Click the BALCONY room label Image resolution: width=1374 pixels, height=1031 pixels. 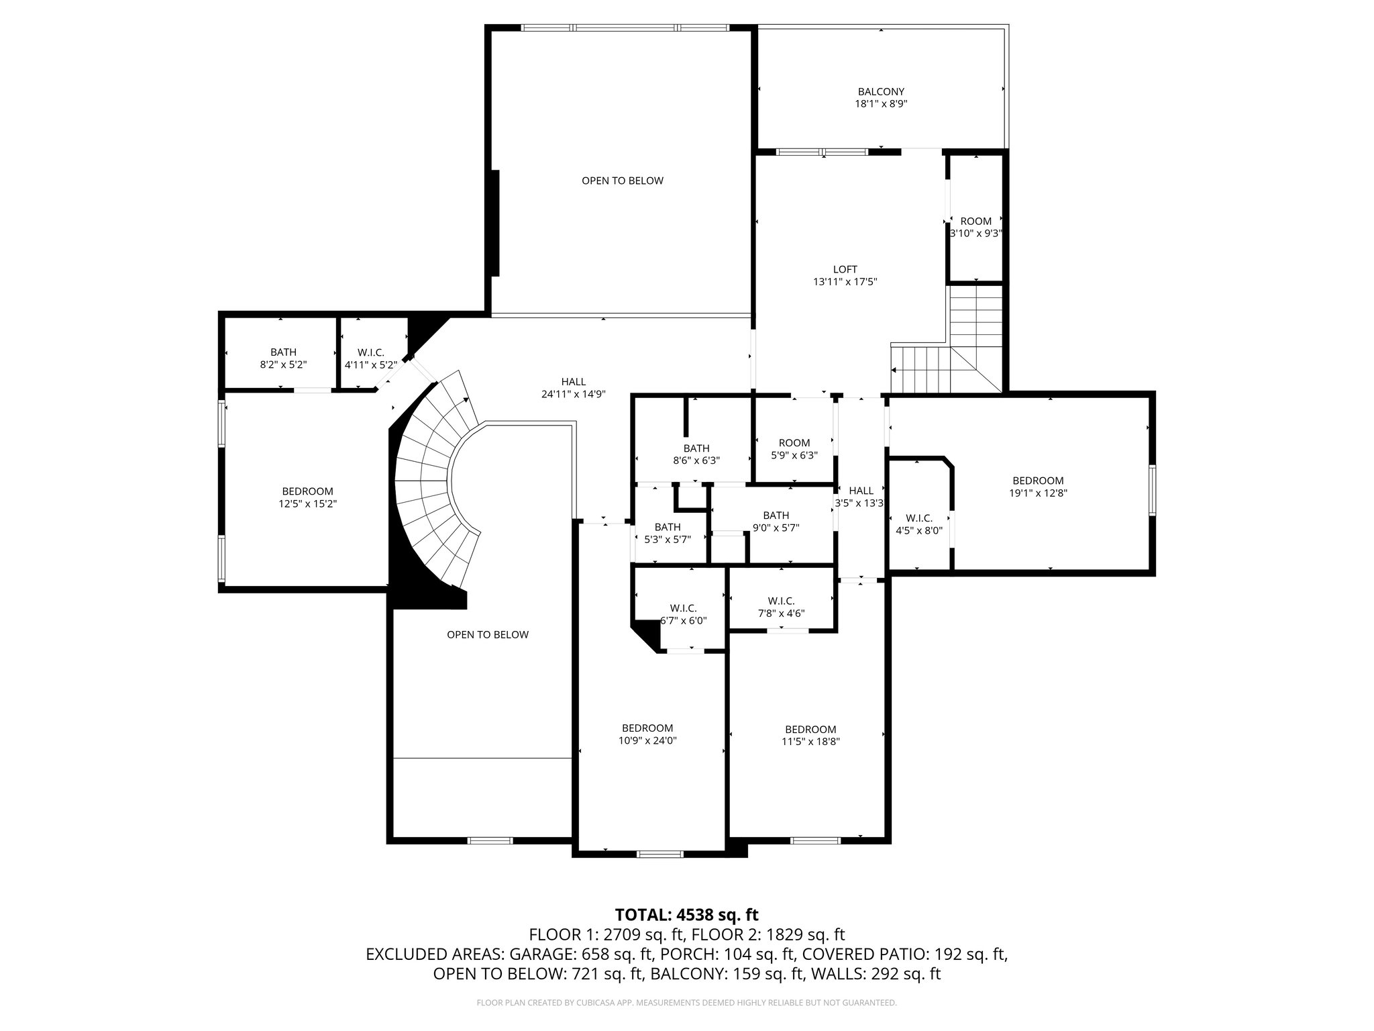881,91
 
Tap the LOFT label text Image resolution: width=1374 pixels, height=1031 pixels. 845,269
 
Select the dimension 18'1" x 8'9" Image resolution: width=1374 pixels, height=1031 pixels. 881,104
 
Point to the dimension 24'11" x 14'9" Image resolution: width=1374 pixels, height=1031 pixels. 574,395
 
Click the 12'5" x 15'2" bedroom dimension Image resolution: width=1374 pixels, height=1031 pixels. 307,503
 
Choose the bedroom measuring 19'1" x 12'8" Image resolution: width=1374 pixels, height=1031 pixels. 1038,487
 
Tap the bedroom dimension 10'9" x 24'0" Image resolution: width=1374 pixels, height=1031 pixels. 647,740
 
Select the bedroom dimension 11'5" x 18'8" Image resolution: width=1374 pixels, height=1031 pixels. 810,742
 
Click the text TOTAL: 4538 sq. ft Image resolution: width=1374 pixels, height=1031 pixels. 686,914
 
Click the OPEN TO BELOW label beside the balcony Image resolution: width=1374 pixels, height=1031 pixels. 623,181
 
